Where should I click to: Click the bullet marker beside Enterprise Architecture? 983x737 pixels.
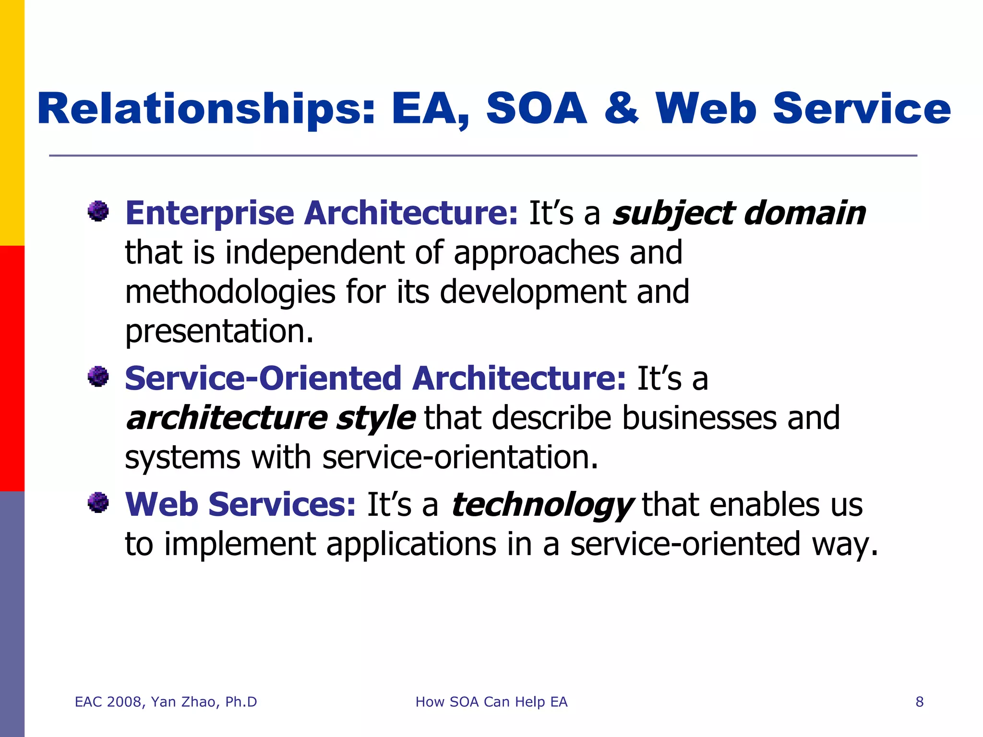(x=98, y=211)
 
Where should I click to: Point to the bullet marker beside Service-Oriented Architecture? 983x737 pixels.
(x=98, y=376)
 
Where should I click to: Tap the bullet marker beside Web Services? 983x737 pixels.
(x=98, y=503)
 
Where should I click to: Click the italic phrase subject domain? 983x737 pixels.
(x=739, y=213)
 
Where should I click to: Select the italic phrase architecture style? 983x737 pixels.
(x=270, y=418)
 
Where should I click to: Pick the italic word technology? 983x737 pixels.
(x=542, y=505)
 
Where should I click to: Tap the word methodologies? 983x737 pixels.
(x=230, y=292)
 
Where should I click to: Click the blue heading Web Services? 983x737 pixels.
(x=240, y=505)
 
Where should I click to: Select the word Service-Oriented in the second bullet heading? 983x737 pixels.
(x=263, y=378)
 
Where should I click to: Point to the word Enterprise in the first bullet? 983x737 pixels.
(x=209, y=213)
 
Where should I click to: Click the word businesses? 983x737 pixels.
(x=699, y=418)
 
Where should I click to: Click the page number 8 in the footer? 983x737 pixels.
(x=920, y=702)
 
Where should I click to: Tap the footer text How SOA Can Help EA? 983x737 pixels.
(x=491, y=702)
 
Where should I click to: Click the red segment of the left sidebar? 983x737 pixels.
(x=12, y=368)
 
